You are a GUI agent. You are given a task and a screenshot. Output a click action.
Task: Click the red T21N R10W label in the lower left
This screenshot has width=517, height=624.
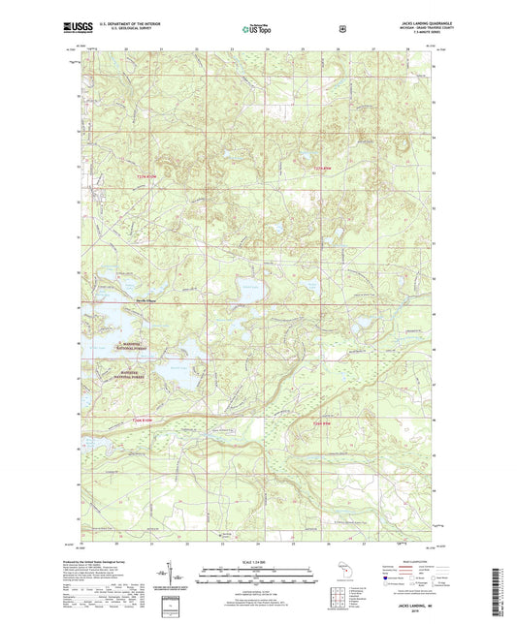pos(144,420)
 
